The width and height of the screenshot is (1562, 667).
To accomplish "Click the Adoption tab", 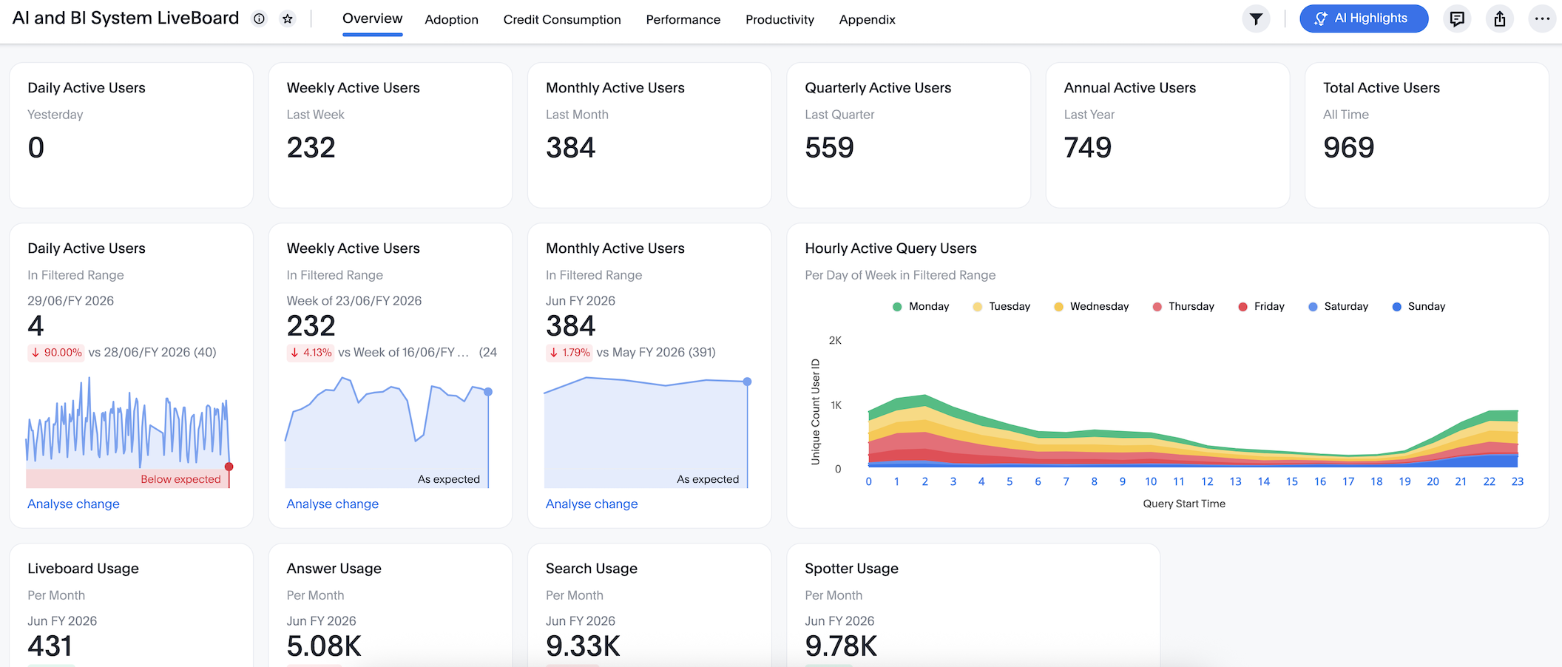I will click(451, 20).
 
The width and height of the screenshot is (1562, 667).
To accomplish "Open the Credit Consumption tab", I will click(562, 20).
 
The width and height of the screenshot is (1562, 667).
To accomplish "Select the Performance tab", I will click(683, 20).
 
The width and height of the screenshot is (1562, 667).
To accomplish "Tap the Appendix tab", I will click(867, 20).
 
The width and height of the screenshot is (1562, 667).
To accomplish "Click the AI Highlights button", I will click(1363, 18).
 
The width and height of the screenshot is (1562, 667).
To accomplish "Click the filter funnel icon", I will click(1256, 19).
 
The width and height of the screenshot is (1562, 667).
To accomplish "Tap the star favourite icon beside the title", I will click(288, 19).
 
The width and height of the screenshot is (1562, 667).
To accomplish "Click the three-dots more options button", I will click(1542, 19).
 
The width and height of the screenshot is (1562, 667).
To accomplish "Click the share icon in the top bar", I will click(1500, 19).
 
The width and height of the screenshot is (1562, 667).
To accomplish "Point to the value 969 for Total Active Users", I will click(1348, 148).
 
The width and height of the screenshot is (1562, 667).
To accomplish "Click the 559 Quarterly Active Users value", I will click(829, 148).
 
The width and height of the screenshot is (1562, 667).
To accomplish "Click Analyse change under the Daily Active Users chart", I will click(73, 504).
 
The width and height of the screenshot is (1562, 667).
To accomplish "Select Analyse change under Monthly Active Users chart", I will click(592, 504).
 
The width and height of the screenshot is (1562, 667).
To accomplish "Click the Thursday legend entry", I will click(1183, 306).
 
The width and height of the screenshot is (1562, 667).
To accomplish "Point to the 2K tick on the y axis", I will click(835, 340).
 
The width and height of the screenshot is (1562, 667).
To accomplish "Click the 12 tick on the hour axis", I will click(1207, 481).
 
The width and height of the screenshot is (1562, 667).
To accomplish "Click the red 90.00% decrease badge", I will click(56, 353).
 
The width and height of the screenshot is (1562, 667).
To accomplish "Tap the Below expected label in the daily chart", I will click(180, 479).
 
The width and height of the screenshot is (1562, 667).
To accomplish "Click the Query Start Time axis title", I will click(1184, 504).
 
